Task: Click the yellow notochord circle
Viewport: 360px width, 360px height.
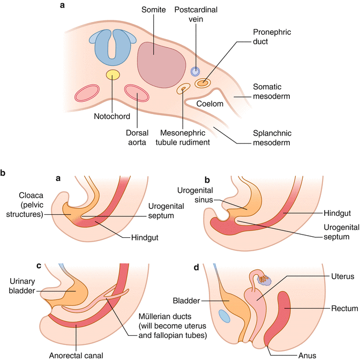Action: [x=112, y=74]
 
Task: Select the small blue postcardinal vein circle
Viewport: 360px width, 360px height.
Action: [x=196, y=72]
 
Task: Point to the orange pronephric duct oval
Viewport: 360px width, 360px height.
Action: [x=203, y=83]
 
